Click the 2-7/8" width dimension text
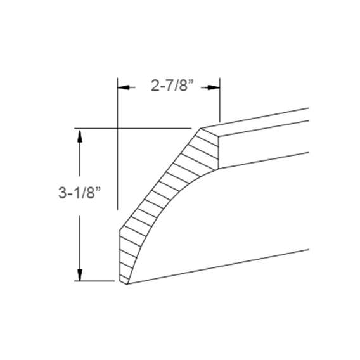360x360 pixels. [x=169, y=86]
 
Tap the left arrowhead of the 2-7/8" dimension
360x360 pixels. [x=124, y=87]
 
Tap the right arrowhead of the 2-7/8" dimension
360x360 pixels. [x=214, y=87]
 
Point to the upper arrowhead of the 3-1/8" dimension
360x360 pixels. [x=80, y=134]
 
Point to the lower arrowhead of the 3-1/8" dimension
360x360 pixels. [x=80, y=274]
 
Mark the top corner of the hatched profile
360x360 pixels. [x=200, y=129]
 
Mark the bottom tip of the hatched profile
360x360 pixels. [x=127, y=283]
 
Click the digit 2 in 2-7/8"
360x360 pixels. [x=154, y=86]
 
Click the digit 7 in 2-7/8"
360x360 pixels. [x=167, y=86]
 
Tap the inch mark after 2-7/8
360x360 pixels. [x=189, y=82]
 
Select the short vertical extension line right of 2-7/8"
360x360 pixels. [x=219, y=101]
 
